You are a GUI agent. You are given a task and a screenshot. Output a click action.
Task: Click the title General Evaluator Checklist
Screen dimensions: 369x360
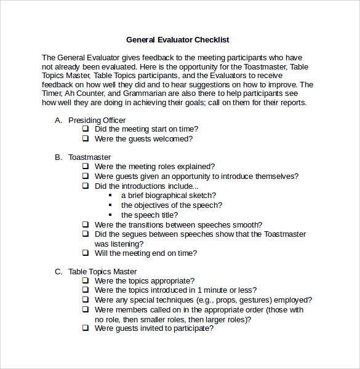(177, 40)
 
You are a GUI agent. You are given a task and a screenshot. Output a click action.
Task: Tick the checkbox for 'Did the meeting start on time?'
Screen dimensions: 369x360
(86, 129)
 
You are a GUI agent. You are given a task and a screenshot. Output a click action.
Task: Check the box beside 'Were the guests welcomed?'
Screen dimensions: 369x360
(86, 139)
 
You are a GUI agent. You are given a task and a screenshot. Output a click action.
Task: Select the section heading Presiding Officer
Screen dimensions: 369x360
(97, 120)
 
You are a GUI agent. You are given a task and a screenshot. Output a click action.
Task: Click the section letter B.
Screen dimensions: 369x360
(58, 157)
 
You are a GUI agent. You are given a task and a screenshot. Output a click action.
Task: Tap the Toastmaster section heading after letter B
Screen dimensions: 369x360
(89, 157)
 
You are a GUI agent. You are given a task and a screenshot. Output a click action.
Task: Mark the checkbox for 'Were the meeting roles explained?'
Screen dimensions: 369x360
(86, 167)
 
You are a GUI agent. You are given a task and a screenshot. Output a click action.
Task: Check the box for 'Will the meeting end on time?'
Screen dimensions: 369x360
(86, 253)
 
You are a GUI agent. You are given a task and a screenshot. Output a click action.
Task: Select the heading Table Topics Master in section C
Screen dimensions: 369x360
(102, 271)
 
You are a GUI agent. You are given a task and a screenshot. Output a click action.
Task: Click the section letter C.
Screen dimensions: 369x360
(58, 271)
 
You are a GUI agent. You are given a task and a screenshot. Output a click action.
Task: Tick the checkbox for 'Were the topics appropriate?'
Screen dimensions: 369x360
(86, 281)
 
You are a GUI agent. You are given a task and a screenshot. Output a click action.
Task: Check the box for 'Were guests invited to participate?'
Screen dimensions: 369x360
(86, 328)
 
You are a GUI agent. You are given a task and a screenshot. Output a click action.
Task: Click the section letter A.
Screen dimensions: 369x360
(58, 120)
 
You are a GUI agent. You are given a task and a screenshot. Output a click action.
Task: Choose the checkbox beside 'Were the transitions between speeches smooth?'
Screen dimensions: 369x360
(86, 225)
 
